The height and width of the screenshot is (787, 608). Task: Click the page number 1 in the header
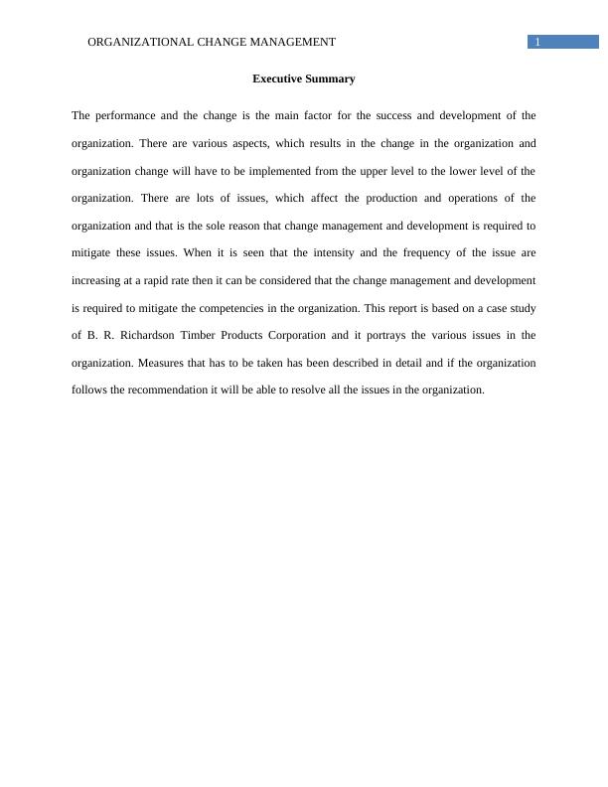click(537, 42)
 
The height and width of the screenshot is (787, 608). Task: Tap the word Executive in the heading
click(278, 79)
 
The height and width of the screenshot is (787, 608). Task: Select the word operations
click(471, 198)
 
